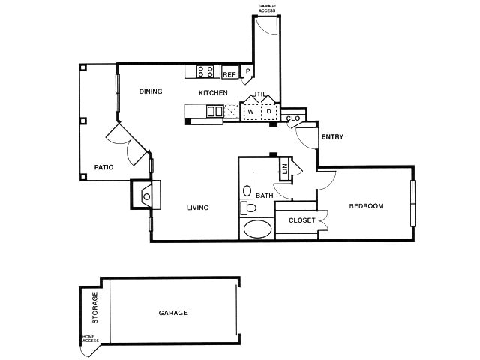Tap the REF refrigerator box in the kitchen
(229, 74)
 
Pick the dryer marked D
(268, 112)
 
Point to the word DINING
(151, 91)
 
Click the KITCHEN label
(213, 92)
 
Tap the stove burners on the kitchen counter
(205, 71)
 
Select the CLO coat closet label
(293, 118)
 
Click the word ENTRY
(332, 137)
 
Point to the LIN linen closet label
(285, 170)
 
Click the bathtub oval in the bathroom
(258, 229)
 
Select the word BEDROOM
(367, 206)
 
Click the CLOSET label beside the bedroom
(301, 220)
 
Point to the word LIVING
(197, 208)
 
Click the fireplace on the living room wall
(146, 196)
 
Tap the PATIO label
(103, 167)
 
